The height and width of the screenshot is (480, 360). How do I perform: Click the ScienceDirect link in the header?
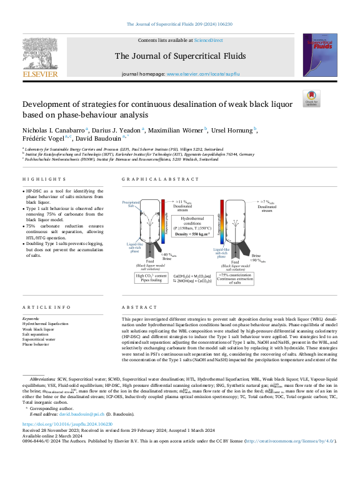[208, 40]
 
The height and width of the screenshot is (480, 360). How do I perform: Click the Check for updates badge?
[311, 99]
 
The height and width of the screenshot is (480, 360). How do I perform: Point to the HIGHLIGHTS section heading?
[38, 179]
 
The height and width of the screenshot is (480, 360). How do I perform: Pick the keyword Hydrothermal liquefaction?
[46, 324]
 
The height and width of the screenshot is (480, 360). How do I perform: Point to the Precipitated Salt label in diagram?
[130, 204]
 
